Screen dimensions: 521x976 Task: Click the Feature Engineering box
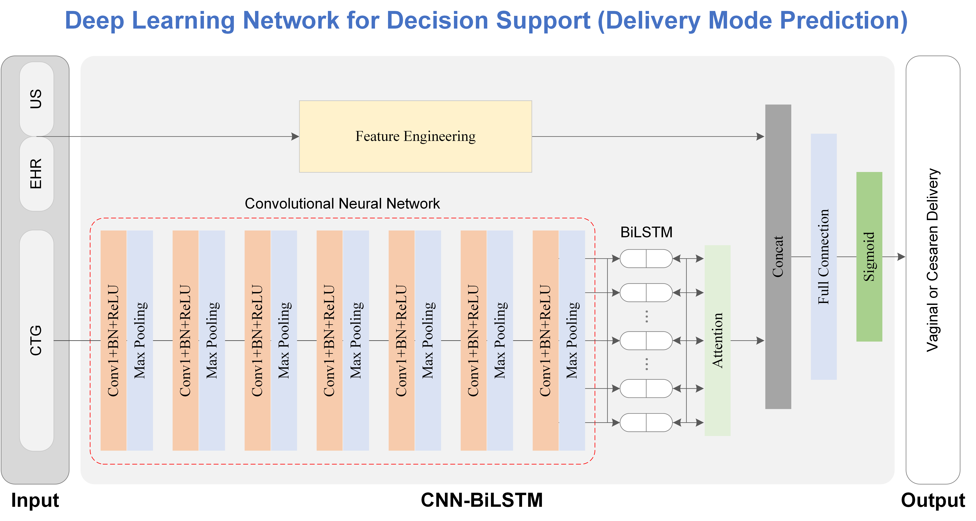[415, 136]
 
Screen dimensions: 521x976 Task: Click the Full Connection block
[823, 257]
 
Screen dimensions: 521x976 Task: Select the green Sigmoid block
[869, 257]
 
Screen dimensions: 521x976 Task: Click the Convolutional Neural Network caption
[342, 204]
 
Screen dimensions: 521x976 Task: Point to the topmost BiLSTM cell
[646, 259]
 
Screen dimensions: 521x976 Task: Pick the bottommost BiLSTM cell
[646, 423]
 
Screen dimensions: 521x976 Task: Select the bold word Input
[35, 500]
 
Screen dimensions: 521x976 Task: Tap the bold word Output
[933, 500]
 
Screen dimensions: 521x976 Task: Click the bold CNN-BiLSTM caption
[482, 500]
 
